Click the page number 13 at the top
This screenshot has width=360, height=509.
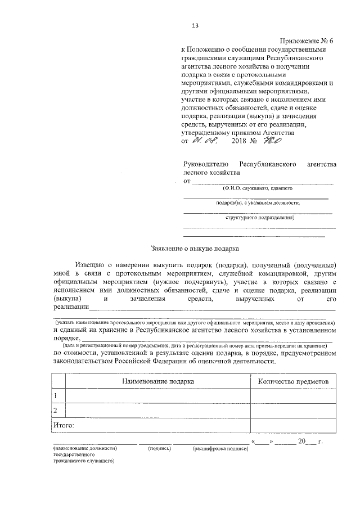point(196,25)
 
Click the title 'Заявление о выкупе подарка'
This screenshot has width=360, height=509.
point(195,247)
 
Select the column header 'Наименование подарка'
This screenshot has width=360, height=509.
point(158,381)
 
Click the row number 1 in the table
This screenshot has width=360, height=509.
point(55,396)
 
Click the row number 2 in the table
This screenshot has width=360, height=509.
point(55,411)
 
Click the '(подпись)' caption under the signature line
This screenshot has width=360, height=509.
point(160,449)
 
